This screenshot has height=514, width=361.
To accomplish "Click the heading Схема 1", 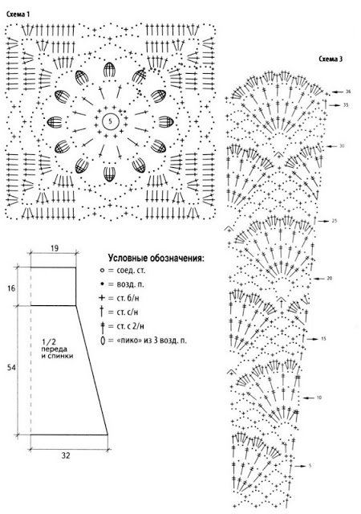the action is point(18,14).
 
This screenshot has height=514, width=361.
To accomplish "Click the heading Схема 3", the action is point(331,59).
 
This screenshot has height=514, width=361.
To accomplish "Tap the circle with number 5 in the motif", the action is point(110,121).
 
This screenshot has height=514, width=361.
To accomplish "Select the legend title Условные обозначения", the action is point(156,259).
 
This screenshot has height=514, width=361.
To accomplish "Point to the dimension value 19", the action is point(55,248).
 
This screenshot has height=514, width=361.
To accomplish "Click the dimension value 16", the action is point(11,288).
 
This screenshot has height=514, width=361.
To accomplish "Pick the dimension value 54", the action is point(11,368).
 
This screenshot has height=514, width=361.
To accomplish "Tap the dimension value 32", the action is point(66,455).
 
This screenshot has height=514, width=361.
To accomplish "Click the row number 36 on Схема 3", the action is point(348,92).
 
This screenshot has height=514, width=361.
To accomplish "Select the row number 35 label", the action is point(346,105).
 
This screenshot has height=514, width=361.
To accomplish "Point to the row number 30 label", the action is point(342,146).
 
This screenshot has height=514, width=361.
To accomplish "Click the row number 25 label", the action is point(335,221).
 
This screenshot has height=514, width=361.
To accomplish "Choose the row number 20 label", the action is point(330,279).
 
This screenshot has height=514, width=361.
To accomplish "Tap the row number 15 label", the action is point(323,339).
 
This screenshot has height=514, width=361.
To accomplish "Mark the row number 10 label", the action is point(319,398).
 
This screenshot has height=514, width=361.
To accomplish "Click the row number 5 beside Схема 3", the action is point(310,466).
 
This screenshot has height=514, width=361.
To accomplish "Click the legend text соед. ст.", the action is point(131,271).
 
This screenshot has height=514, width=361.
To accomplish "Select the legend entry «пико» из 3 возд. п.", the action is point(152,341).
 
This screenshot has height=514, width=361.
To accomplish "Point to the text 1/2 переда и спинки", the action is point(57,349).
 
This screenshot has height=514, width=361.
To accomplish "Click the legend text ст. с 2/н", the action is point(131,326).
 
